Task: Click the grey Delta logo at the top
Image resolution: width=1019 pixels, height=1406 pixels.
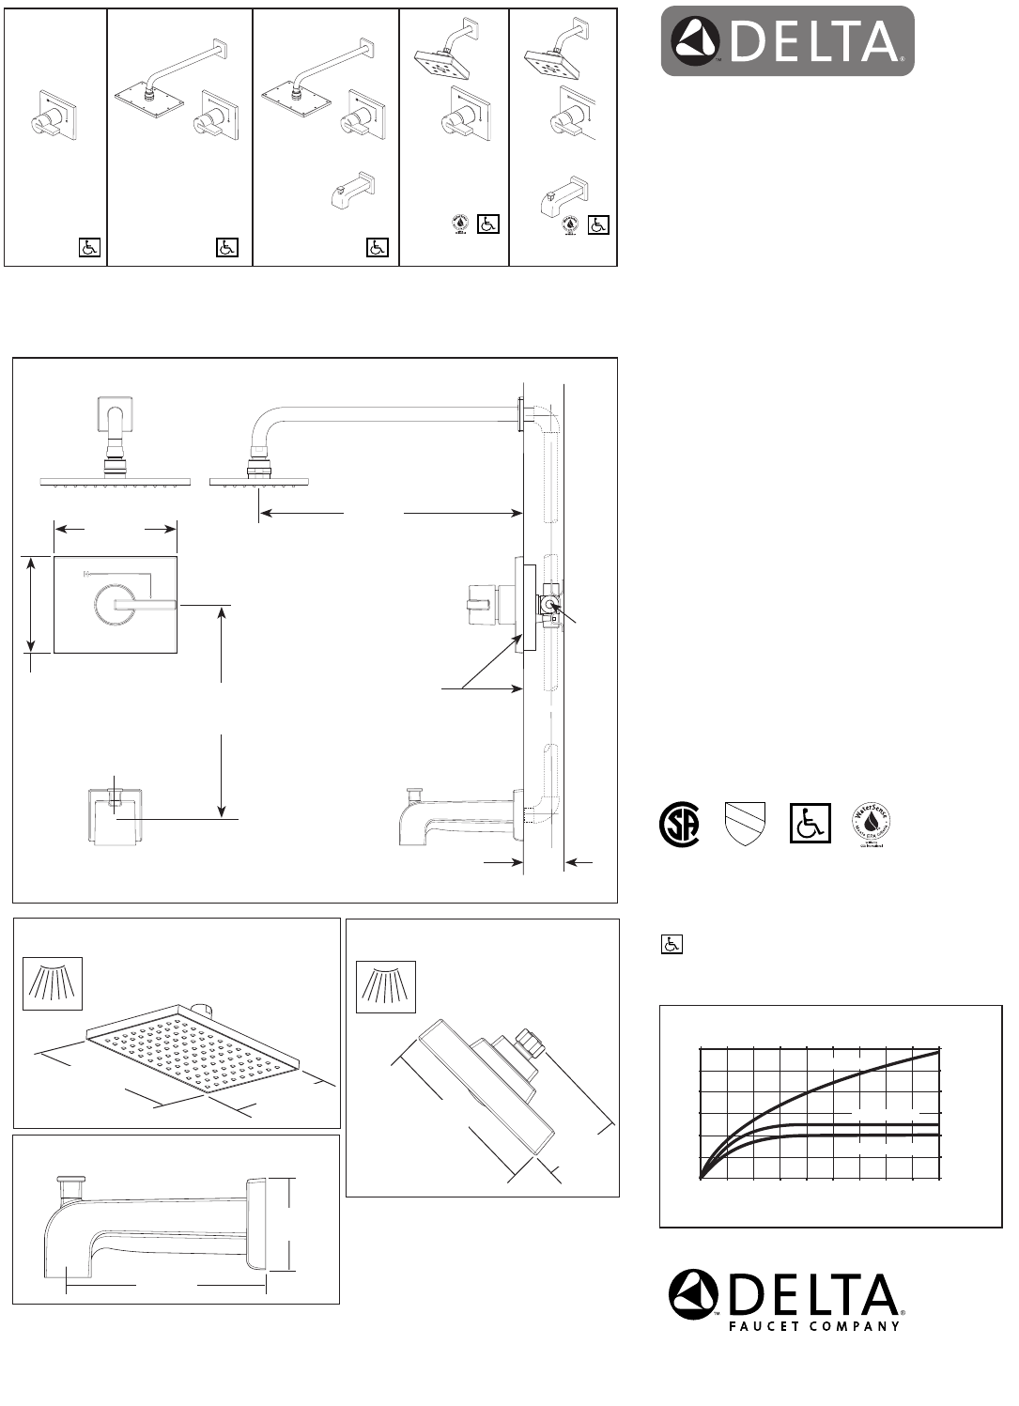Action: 787,41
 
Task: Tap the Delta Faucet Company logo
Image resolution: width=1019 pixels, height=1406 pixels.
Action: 785,1301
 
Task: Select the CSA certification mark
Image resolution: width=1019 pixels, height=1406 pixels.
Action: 678,824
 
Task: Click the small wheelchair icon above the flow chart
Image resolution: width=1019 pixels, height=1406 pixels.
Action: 672,945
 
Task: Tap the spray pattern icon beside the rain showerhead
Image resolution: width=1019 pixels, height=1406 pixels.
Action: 53,982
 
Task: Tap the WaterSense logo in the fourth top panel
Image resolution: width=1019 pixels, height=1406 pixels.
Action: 459,224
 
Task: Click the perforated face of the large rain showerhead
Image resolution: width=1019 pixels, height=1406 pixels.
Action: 188,1051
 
